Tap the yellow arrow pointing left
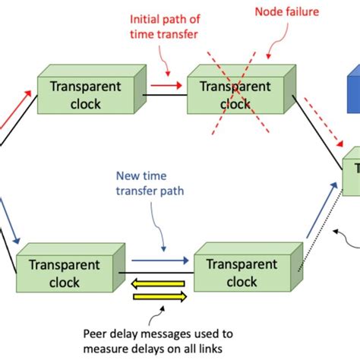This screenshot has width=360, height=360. point(159,285)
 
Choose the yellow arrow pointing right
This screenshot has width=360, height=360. point(159,297)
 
